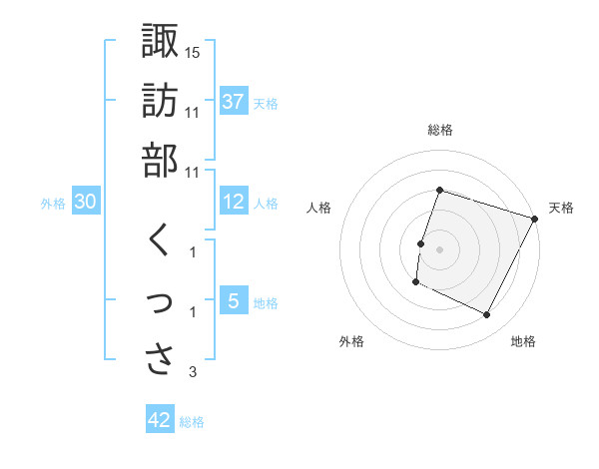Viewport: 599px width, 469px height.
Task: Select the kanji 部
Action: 161,161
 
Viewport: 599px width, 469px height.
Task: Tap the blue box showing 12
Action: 234,203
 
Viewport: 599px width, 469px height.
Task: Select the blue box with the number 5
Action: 233,300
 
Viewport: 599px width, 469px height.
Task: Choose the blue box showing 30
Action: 85,203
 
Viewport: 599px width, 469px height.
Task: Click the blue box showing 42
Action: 160,420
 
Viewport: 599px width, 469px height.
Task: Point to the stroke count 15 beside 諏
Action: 193,51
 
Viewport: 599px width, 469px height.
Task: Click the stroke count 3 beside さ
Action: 193,372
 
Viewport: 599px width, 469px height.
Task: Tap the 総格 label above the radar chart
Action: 439,130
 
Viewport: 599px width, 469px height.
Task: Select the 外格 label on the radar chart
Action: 351,341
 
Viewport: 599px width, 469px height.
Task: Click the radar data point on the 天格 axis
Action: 536,219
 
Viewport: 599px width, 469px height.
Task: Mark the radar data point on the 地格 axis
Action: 487,315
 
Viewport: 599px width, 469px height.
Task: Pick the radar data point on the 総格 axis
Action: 439,190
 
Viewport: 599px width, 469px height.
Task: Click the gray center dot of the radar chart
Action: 439,248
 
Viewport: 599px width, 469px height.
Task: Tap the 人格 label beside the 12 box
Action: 266,204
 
